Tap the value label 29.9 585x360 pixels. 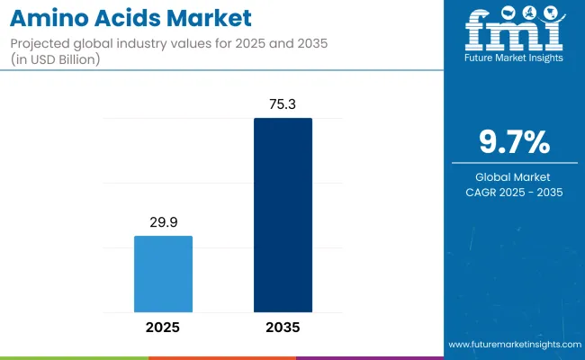(163, 221)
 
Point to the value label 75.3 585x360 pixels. (283, 103)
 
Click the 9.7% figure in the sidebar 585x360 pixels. (515, 145)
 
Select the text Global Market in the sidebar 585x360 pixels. (515, 176)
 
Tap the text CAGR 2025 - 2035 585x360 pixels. (515, 192)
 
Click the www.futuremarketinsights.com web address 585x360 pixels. (514, 345)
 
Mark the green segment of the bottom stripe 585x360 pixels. (74, 357)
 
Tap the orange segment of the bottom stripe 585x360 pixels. (221, 357)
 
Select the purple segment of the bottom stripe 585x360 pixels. (369, 357)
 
